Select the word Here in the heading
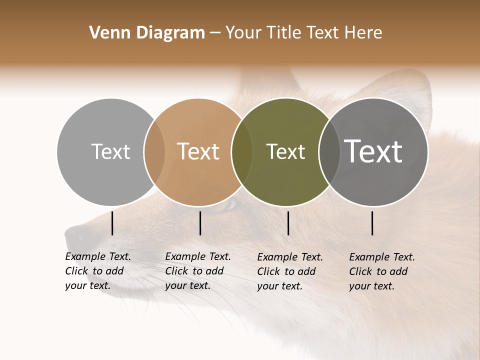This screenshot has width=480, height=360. [x=362, y=33]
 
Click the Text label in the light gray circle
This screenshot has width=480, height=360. [x=110, y=151]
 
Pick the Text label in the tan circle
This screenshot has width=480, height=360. [x=198, y=151]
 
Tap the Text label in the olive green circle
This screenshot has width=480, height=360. [x=285, y=151]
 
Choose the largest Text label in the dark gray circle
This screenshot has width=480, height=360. [x=373, y=151]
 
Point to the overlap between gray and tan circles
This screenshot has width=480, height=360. [x=154, y=152]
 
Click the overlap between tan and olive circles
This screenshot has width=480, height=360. [x=242, y=152]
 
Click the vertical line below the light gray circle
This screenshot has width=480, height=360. [x=112, y=223]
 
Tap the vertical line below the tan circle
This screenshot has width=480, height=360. [x=200, y=223]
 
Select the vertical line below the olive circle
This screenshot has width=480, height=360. [x=288, y=223]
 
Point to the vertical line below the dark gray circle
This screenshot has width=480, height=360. [x=372, y=223]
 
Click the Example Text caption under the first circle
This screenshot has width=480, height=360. [x=98, y=271]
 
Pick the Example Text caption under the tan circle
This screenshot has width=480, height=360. [x=198, y=271]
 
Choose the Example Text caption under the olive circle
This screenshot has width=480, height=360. [x=290, y=271]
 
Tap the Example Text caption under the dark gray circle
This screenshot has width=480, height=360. [x=382, y=271]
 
